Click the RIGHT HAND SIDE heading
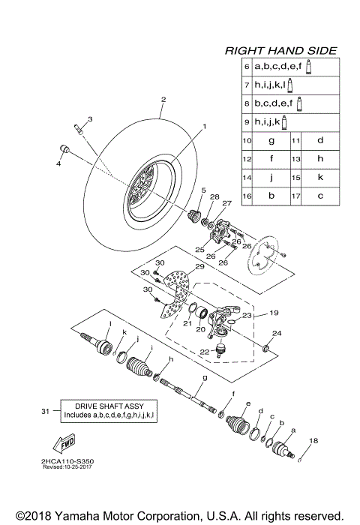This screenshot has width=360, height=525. click(x=280, y=51)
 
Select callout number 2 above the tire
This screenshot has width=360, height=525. click(x=163, y=100)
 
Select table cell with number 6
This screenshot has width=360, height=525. click(x=247, y=67)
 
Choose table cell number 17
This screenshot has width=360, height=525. click(x=295, y=196)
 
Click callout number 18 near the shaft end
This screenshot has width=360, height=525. click(x=313, y=441)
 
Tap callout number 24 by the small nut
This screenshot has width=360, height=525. click(x=276, y=333)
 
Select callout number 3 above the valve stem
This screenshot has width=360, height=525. click(x=89, y=119)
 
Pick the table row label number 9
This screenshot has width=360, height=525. click(x=247, y=121)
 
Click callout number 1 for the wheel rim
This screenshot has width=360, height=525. click(x=201, y=128)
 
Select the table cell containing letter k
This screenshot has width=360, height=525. click(x=319, y=178)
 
